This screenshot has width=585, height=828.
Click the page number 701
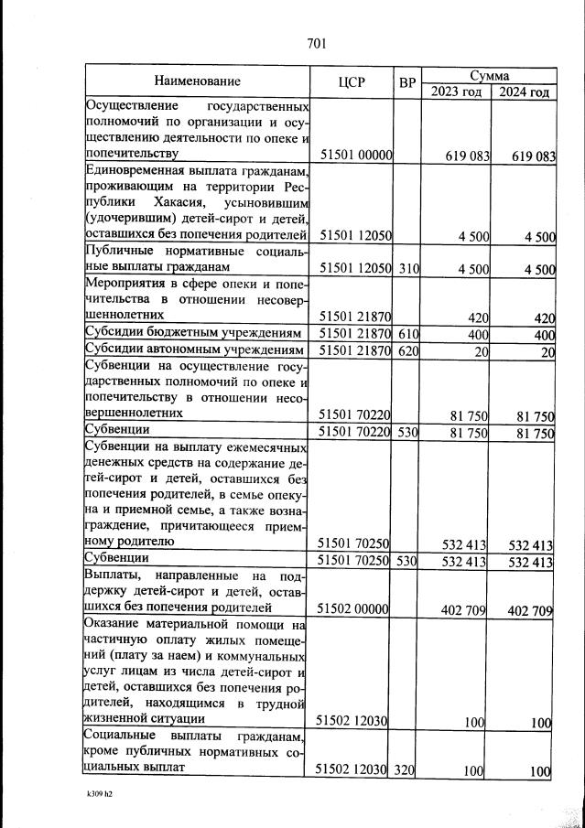(x=318, y=43)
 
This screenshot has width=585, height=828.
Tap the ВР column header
(x=407, y=82)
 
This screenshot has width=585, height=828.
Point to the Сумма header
(x=489, y=75)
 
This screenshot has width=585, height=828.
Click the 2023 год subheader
(x=456, y=91)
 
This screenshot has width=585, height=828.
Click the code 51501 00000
(x=354, y=156)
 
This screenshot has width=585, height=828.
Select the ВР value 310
(x=407, y=268)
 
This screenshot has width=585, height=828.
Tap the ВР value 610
(x=407, y=336)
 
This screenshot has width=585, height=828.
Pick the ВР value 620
(x=407, y=351)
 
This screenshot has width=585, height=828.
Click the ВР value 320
(x=406, y=770)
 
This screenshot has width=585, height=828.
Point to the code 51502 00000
(x=352, y=608)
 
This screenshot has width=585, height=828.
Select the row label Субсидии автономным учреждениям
(x=194, y=350)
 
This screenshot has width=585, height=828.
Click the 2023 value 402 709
(x=462, y=608)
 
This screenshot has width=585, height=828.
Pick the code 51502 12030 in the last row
(x=352, y=770)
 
